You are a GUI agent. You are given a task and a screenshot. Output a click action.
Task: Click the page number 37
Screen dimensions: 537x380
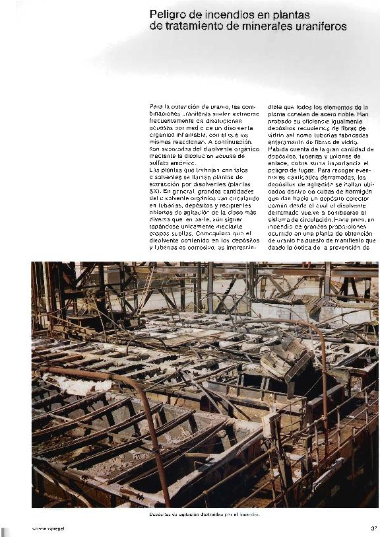click(x=373, y=528)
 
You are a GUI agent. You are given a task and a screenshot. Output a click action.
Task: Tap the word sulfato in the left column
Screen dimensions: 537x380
click(x=162, y=162)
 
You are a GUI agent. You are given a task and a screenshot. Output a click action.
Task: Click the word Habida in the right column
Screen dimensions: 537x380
click(x=280, y=149)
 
